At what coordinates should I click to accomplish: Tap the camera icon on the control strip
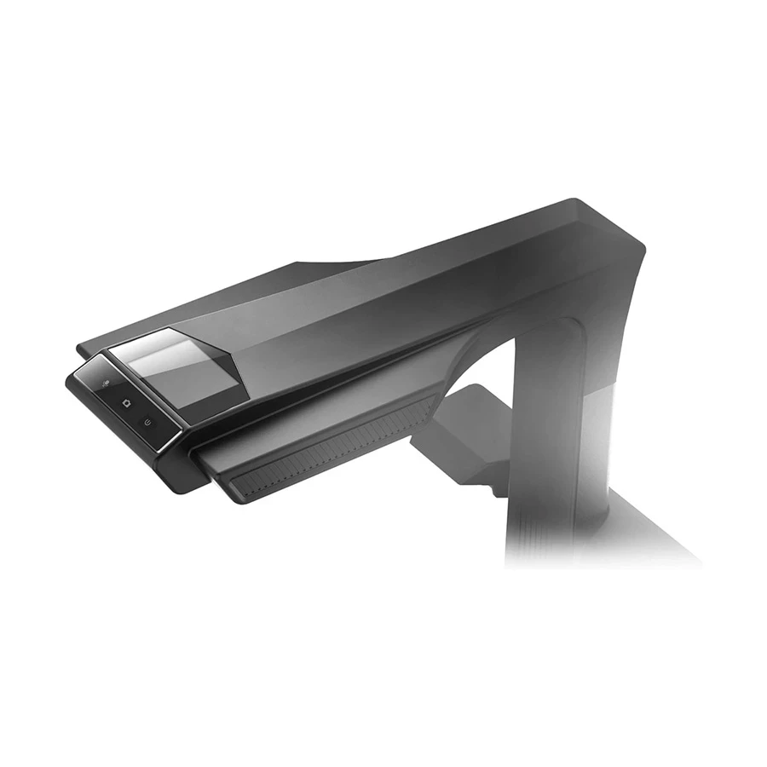[125, 402]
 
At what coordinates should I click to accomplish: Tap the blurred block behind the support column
[464, 426]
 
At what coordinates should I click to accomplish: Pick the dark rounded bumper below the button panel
[183, 473]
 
